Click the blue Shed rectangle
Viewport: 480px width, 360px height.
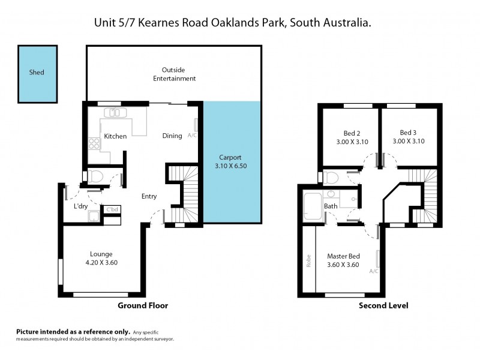tap(37, 73)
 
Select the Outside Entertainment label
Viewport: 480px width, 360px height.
tap(174, 74)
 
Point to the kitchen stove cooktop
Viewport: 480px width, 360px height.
tap(94, 143)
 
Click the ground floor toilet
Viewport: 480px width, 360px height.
tap(95, 176)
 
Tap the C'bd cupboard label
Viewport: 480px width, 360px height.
tap(112, 209)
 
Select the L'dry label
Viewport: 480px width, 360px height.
tap(81, 206)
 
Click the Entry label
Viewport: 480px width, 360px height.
tap(149, 196)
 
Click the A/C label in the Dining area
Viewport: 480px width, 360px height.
tap(192, 136)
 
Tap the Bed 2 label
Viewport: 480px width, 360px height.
tap(352, 133)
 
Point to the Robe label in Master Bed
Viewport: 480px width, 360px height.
tap(308, 262)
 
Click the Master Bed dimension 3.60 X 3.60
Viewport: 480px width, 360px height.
tap(343, 265)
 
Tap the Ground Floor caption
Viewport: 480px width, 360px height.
tap(143, 305)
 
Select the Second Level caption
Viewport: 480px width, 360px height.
tap(383, 305)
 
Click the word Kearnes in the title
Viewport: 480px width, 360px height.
tap(158, 23)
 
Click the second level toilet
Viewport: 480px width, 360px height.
tap(331, 177)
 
